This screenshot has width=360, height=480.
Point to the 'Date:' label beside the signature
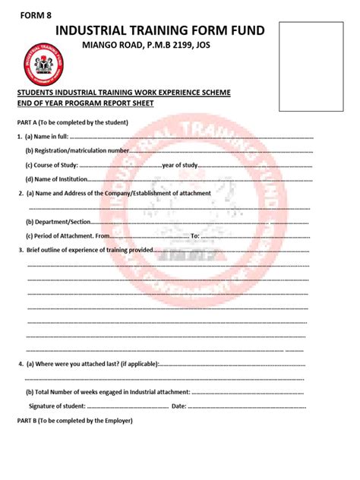(x=179, y=406)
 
